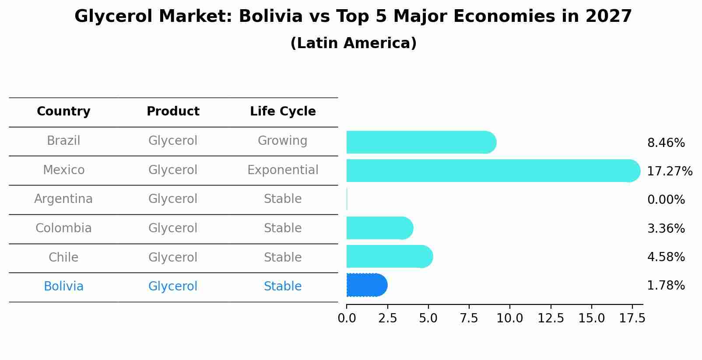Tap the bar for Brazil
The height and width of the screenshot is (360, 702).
click(x=421, y=142)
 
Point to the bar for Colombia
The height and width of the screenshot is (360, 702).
click(x=379, y=228)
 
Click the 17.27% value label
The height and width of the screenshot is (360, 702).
click(x=669, y=171)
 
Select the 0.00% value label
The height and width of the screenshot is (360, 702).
click(x=666, y=200)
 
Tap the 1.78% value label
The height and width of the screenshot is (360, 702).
click(x=666, y=286)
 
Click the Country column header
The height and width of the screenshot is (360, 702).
click(x=63, y=112)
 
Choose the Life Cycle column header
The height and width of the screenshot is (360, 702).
click(x=283, y=112)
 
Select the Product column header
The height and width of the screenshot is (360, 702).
click(x=173, y=112)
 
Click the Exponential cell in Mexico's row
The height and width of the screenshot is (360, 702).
click(x=283, y=170)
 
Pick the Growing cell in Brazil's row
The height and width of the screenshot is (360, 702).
click(x=282, y=141)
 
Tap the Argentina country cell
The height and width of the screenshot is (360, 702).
click(x=63, y=199)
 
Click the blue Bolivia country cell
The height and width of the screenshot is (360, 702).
click(x=63, y=287)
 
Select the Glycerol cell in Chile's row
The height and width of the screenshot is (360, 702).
click(x=173, y=257)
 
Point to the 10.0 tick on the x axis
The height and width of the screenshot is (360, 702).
click(x=509, y=318)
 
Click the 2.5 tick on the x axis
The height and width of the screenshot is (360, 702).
click(x=387, y=318)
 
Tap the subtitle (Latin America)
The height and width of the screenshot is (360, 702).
click(x=353, y=43)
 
